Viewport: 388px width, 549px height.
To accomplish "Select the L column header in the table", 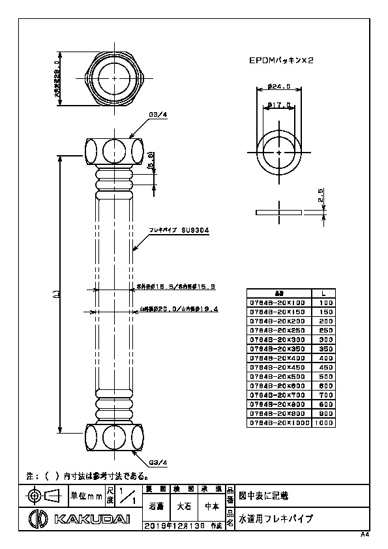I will click(323, 293).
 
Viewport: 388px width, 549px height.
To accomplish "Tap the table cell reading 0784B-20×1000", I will click(280, 423).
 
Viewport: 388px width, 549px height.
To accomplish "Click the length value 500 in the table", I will click(323, 377).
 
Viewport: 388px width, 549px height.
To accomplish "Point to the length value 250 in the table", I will click(323, 331).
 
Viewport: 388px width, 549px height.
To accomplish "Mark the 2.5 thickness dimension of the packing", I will click(321, 196).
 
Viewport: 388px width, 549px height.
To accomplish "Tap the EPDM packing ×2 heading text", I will click(282, 59).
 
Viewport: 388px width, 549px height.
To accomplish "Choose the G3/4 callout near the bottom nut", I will click(158, 462).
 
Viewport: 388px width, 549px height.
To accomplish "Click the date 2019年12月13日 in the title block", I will click(178, 524).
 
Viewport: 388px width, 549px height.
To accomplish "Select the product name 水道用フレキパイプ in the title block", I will click(276, 519).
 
